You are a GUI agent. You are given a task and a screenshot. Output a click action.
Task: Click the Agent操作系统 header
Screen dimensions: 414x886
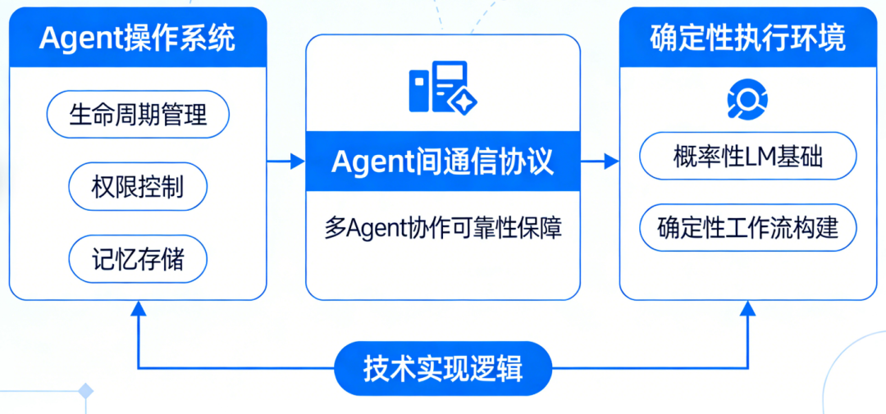coord(138,38)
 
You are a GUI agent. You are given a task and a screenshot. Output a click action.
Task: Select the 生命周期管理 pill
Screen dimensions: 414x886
coord(138,114)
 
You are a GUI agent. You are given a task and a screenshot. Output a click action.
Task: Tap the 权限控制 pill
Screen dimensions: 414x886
coord(138,187)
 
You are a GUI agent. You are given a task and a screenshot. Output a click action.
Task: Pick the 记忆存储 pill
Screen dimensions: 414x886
coord(138,260)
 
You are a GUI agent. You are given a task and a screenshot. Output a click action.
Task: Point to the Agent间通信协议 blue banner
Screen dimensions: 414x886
coord(443,162)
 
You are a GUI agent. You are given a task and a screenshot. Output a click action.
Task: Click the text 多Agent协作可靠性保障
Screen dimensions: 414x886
coord(443,228)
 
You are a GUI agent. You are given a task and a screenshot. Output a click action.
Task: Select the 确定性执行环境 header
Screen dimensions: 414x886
coord(747,38)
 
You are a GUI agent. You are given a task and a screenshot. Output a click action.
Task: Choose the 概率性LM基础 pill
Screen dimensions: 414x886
coord(747,157)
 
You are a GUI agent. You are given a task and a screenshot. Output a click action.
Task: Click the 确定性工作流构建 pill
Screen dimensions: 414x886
coord(747,227)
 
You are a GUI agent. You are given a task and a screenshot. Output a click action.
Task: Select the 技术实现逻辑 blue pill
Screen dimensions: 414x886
coord(443,369)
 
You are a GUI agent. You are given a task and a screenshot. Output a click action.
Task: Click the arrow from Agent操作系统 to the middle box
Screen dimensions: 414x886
coord(286,162)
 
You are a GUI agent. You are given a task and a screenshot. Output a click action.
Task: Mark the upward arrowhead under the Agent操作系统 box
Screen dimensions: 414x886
coord(138,309)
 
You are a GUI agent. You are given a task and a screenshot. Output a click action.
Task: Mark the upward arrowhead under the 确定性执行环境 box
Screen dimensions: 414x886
coord(747,309)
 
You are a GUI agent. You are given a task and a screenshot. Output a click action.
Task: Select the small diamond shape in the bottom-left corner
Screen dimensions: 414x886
coord(85,392)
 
